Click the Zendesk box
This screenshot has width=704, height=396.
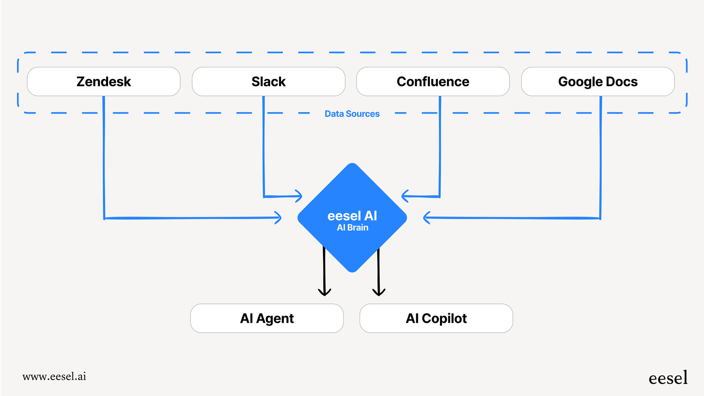(104, 82)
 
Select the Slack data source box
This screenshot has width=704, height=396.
(268, 82)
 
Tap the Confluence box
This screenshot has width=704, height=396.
(433, 82)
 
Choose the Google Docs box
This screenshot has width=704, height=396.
(598, 82)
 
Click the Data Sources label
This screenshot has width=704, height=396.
(352, 114)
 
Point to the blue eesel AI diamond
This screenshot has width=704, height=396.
(352, 197)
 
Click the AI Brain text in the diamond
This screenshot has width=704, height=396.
(352, 228)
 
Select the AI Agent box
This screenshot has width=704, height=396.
(267, 318)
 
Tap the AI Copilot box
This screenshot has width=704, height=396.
(436, 318)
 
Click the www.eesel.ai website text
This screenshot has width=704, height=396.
(54, 376)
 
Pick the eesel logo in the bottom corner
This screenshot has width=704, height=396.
(668, 378)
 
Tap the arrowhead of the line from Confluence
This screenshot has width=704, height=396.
(404, 196)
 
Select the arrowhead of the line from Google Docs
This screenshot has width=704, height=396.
(426, 217)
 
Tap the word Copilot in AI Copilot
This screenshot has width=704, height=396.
(444, 318)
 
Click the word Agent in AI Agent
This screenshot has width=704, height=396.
(275, 318)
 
